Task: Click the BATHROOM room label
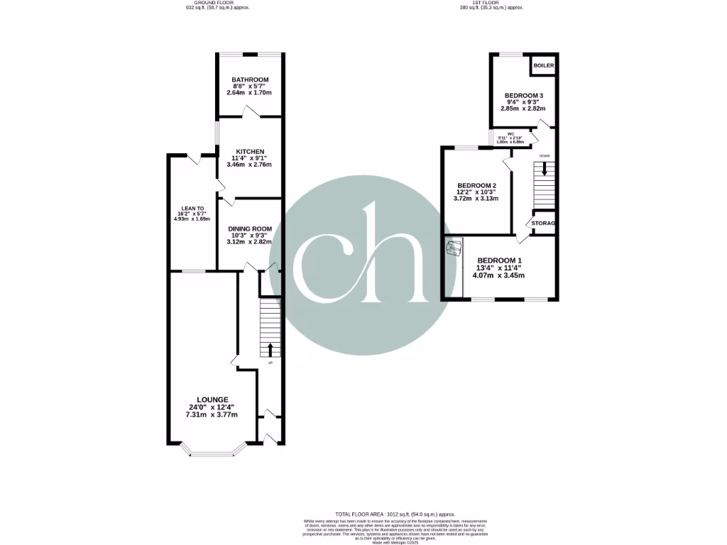(250, 79)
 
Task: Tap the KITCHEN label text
(250, 152)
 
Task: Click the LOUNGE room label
(213, 400)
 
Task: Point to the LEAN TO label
(187, 209)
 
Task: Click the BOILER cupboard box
(543, 65)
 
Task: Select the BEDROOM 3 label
(524, 96)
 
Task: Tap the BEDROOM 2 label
(476, 186)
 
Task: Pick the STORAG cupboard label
(543, 224)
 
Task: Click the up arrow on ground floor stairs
(270, 349)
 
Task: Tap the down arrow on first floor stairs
(545, 169)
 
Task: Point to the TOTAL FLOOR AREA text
(395, 514)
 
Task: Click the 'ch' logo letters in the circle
(363, 255)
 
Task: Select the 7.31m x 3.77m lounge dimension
(213, 414)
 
